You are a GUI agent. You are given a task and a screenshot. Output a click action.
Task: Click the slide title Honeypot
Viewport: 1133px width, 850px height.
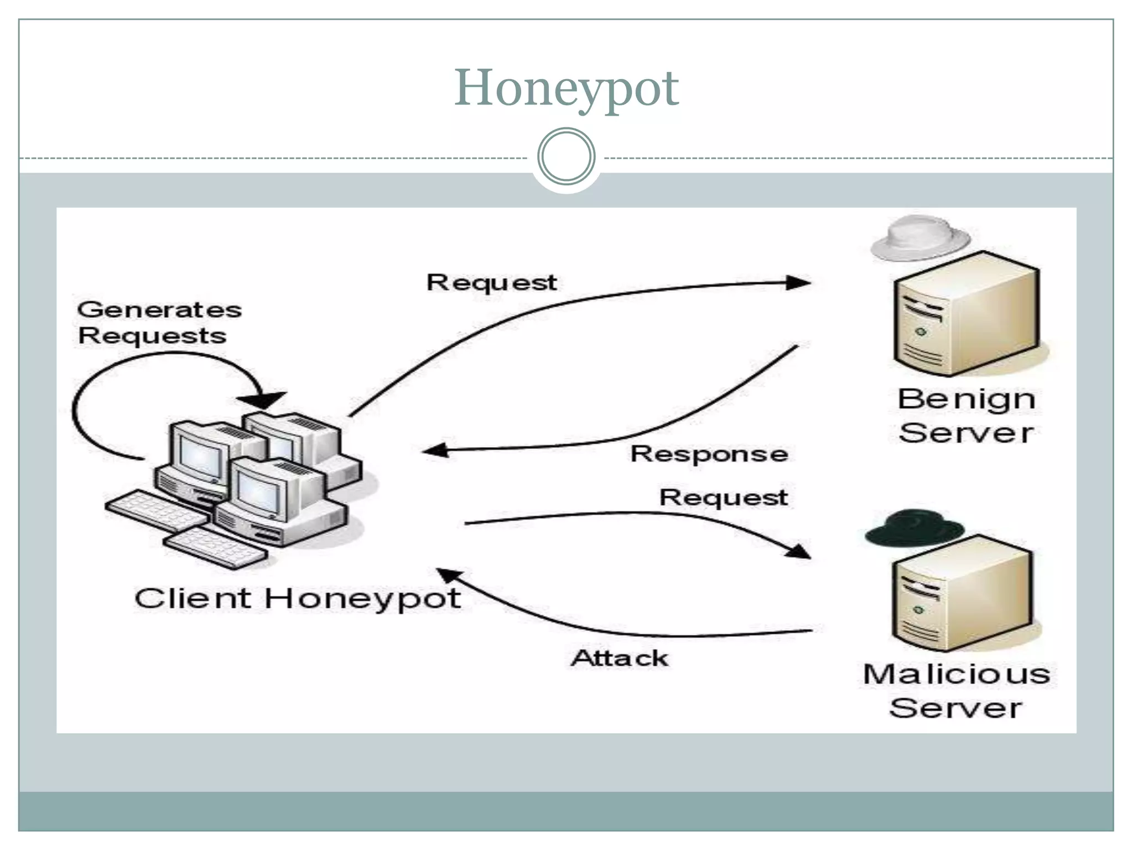pos(566,89)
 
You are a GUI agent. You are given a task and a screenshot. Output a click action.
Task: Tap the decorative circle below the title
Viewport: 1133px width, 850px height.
pos(566,156)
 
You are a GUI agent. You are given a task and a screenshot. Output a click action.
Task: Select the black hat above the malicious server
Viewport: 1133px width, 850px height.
pos(914,528)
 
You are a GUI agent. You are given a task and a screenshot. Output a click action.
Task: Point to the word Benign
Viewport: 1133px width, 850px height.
pos(966,400)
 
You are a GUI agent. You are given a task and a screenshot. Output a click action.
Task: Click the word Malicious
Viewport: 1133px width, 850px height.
pos(956,674)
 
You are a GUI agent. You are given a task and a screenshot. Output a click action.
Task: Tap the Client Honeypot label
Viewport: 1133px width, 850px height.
pos(298,599)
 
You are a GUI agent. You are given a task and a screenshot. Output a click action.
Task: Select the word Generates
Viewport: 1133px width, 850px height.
pos(159,309)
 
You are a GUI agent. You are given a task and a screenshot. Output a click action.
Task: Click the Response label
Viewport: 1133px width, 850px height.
pos(709,454)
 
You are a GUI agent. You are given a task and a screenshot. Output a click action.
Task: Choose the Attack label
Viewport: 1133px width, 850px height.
pos(620,658)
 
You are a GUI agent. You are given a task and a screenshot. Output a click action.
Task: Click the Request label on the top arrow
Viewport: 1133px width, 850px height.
pos(491,282)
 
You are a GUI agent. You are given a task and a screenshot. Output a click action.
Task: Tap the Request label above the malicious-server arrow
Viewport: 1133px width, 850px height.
pos(724,497)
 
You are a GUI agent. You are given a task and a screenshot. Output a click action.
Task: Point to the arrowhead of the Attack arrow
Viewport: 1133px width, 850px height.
pos(449,577)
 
